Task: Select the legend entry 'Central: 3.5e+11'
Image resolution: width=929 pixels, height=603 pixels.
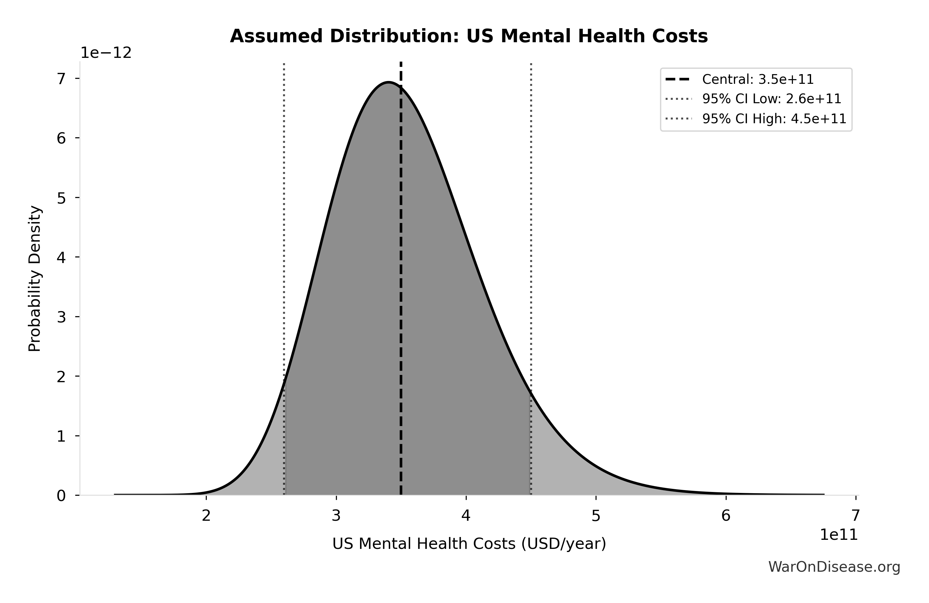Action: pyautogui.click(x=758, y=80)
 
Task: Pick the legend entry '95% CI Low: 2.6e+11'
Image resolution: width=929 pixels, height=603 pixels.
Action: pyautogui.click(x=771, y=99)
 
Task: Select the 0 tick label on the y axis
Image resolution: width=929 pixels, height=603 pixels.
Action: pyautogui.click(x=61, y=496)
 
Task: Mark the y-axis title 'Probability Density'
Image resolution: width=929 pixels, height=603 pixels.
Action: pyautogui.click(x=35, y=279)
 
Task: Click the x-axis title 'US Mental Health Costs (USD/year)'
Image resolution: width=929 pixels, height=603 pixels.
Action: pyautogui.click(x=469, y=544)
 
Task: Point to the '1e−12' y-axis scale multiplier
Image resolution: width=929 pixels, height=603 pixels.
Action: pyautogui.click(x=106, y=53)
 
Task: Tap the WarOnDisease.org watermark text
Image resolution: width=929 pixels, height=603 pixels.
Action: pyautogui.click(x=834, y=567)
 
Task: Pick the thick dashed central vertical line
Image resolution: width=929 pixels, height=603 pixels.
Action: pyautogui.click(x=401, y=273)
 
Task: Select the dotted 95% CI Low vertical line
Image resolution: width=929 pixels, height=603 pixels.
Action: pyautogui.click(x=284, y=234)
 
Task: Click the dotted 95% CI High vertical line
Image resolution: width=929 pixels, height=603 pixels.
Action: pyautogui.click(x=531, y=234)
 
